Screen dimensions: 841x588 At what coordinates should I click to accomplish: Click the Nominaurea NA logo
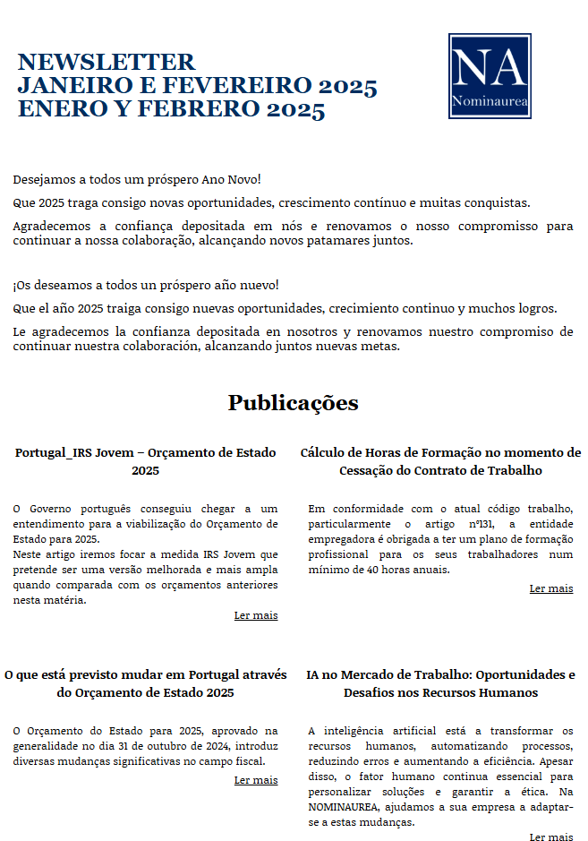coord(490,76)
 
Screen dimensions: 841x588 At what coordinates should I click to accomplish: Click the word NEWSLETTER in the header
coord(106,62)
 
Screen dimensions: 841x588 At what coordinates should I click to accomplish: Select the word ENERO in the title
coord(57,109)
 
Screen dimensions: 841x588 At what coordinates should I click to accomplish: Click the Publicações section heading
coord(293,402)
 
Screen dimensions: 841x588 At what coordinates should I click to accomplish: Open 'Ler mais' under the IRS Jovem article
coord(256,615)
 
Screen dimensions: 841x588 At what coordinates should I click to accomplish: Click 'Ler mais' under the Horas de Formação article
coord(551,588)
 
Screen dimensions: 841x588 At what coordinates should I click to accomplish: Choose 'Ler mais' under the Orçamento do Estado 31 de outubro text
coord(256,780)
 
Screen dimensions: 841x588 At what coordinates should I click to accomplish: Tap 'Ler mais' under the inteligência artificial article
coord(551,837)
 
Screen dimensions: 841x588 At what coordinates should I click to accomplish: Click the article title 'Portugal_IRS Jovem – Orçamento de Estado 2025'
coord(146,461)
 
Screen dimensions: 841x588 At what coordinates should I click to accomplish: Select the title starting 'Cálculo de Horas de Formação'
coord(440,461)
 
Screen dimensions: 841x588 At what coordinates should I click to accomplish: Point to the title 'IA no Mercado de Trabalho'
coord(440,683)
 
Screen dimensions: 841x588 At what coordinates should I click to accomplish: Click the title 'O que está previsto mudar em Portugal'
coord(146,683)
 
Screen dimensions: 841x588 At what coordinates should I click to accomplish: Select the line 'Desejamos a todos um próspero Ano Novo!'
coord(137,180)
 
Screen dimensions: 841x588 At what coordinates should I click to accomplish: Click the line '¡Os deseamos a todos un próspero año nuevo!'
coord(146,285)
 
